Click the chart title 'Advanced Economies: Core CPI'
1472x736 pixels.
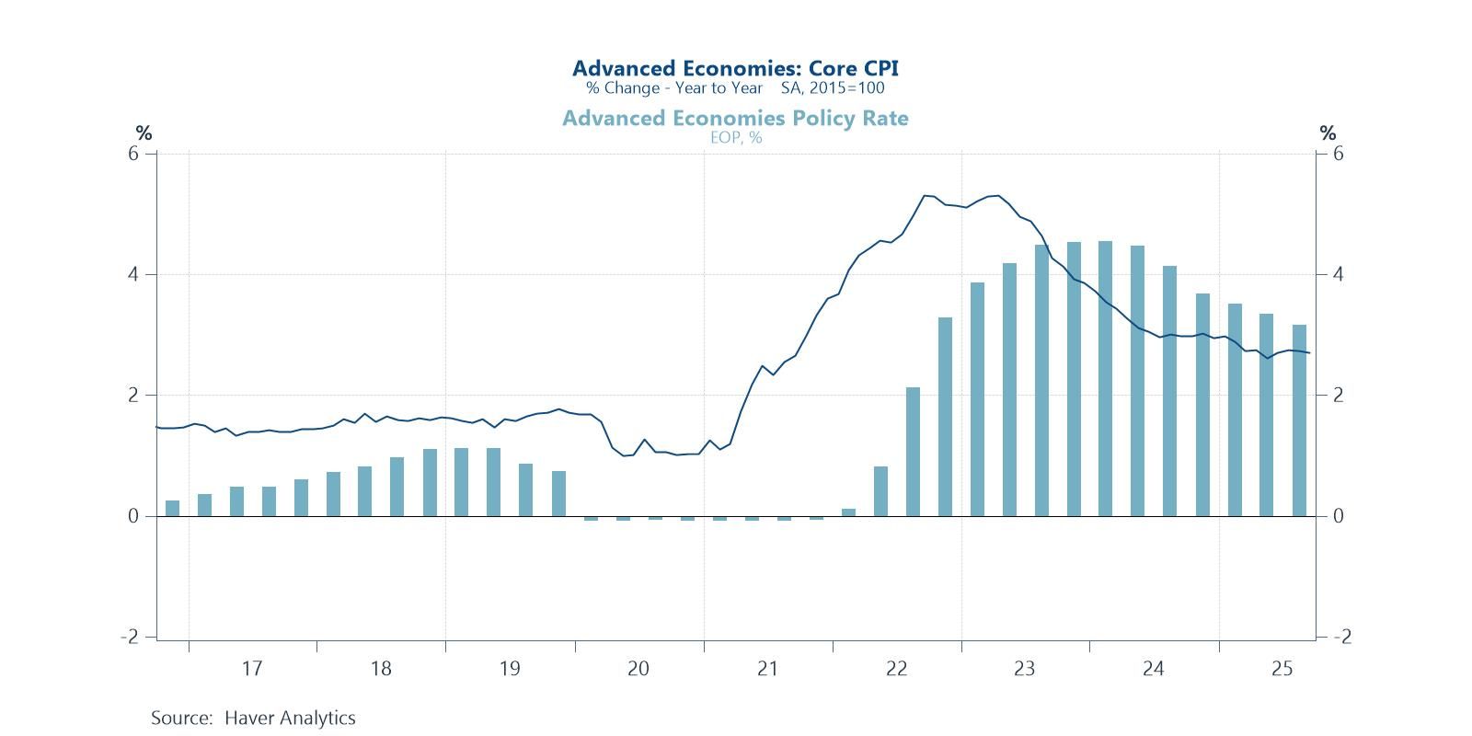[735, 68]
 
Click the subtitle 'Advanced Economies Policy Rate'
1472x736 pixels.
[735, 119]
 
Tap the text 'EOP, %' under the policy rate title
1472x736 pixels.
[735, 138]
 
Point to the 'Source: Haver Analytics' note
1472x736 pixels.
[253, 718]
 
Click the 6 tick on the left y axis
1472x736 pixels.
[133, 154]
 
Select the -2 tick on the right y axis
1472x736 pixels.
[1340, 637]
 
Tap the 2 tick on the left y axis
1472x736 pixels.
[133, 396]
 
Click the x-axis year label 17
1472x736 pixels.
[252, 669]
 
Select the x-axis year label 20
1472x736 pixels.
[638, 669]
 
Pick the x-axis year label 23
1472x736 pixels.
[1025, 669]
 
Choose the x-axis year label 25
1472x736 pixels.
[1282, 669]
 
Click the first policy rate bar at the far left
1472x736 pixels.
[172, 508]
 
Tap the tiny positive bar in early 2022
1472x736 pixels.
[848, 512]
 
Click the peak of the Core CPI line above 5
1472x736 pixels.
[997, 195]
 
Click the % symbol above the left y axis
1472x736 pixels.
[144, 134]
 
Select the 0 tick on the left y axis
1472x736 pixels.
[133, 516]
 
